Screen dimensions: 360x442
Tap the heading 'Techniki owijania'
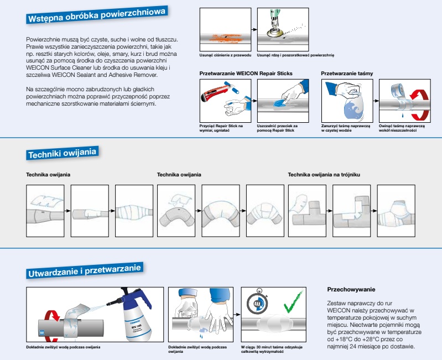pos(62,152)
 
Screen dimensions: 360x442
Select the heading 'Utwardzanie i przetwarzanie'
pos(85,270)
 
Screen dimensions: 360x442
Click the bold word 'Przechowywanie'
pos(351,289)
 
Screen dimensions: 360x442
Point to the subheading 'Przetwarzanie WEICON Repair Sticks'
pos(246,73)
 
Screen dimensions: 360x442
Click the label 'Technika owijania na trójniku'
pos(328,175)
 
